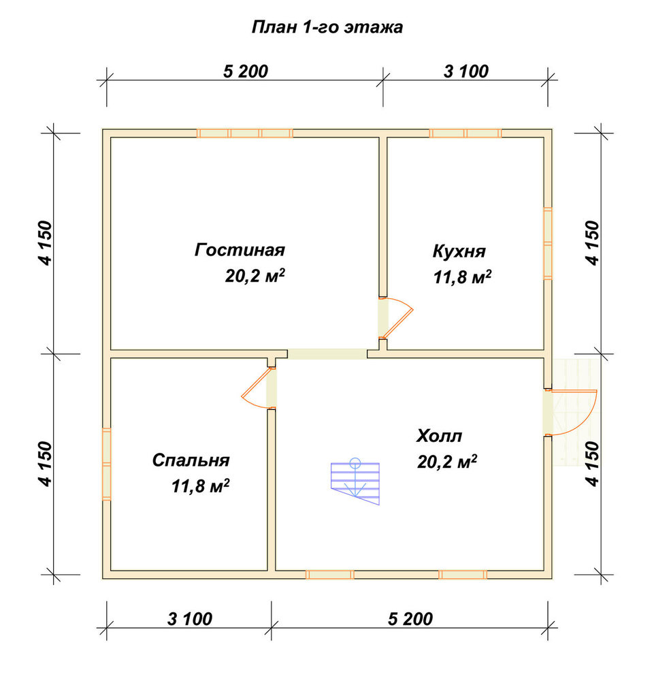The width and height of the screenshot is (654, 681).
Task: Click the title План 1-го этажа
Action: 327,27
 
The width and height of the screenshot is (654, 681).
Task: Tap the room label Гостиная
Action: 240,250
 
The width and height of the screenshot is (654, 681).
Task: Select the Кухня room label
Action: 459,251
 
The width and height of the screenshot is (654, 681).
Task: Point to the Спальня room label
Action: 191,460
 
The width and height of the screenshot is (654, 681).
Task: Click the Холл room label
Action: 439,435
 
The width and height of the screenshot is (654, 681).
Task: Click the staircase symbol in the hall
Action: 355,481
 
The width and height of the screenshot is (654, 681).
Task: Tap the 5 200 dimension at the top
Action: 246,72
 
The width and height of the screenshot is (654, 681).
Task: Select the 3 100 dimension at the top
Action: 466,72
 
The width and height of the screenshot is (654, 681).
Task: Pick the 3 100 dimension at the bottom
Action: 190,619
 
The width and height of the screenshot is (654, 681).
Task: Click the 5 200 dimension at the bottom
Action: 410,619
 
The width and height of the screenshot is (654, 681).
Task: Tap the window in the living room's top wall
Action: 245,133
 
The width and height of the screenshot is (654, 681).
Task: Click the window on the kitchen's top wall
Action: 465,133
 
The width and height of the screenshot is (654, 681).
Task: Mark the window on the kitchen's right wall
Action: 548,243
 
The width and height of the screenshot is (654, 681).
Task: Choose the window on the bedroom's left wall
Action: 107,464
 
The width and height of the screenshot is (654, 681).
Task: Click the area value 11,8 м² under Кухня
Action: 462,277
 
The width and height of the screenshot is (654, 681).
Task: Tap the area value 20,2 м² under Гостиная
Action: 255,276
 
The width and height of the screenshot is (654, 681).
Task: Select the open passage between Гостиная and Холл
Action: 327,354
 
